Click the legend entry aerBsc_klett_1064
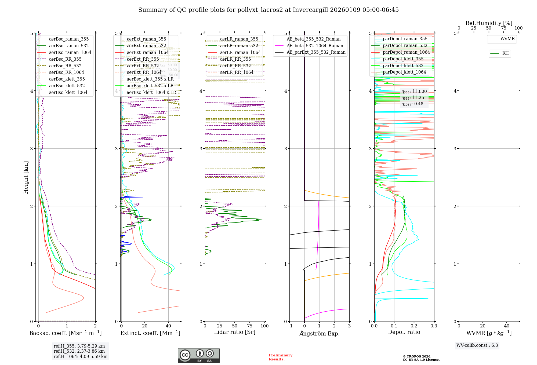pyautogui.click(x=68, y=92)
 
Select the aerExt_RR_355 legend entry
pyautogui.click(x=143, y=59)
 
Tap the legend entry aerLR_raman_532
pyautogui.click(x=239, y=46)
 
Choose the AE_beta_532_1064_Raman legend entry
pyautogui.click(x=315, y=46)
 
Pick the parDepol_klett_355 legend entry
pyautogui.click(x=403, y=59)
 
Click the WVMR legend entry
pyautogui.click(x=507, y=39)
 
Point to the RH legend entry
pyautogui.click(x=505, y=53)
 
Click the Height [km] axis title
pyautogui.click(x=26, y=177)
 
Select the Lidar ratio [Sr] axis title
pyautogui.click(x=234, y=332)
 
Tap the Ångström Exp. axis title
pyautogui.click(x=319, y=333)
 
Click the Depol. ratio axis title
pyautogui.click(x=404, y=332)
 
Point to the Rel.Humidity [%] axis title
pyautogui.click(x=489, y=23)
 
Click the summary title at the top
pyautogui.click(x=268, y=10)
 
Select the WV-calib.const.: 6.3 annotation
pyautogui.click(x=477, y=345)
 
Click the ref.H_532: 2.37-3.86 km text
pyautogui.click(x=79, y=351)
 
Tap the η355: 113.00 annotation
pyautogui.click(x=414, y=92)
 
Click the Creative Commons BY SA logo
pyautogui.click(x=198, y=355)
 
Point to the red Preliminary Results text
pyautogui.click(x=280, y=357)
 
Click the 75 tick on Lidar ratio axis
pyautogui.click(x=250, y=326)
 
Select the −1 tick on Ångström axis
pyautogui.click(x=289, y=326)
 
